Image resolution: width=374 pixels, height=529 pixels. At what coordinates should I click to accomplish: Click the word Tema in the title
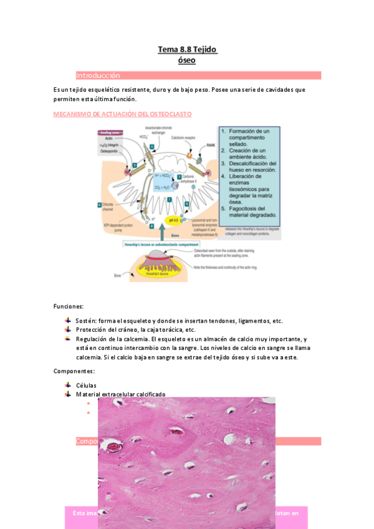pyautogui.click(x=168, y=49)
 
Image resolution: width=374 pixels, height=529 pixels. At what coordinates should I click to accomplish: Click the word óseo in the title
pyautogui.click(x=186, y=60)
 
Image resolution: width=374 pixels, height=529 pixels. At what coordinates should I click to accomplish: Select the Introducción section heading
pyautogui.click(x=98, y=75)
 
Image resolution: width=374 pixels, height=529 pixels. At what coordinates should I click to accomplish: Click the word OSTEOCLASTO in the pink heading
pyautogui.click(x=168, y=114)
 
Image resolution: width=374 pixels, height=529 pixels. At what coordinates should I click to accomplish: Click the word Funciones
pyautogui.click(x=69, y=306)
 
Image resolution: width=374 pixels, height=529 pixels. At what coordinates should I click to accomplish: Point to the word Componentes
pyautogui.click(x=74, y=371)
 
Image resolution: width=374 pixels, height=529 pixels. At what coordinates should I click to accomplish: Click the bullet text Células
pyautogui.click(x=86, y=386)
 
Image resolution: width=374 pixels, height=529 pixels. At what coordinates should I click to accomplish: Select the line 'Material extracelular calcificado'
pyautogui.click(x=121, y=394)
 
